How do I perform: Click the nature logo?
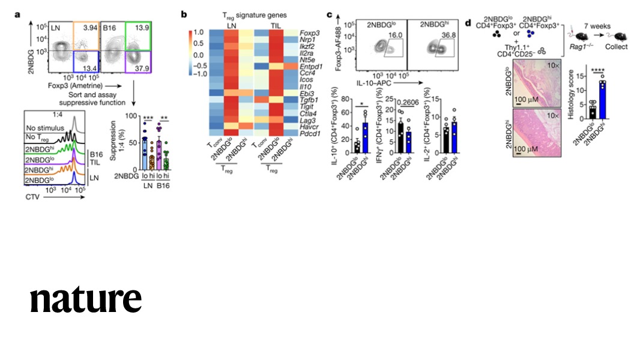tap(86, 299)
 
